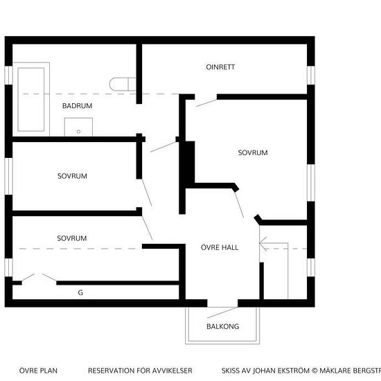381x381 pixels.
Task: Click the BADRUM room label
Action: point(78,106)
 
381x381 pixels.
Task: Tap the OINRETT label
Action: point(220,67)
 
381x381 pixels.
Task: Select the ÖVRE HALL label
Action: point(220,247)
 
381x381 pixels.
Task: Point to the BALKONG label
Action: point(223,326)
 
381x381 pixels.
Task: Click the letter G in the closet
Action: point(80,292)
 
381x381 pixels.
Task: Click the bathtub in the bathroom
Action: point(31,99)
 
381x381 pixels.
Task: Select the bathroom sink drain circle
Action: point(78,132)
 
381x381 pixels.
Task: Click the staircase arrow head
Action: point(263,243)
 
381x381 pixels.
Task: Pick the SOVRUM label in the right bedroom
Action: point(253,152)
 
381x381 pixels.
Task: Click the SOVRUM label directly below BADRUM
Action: point(73,176)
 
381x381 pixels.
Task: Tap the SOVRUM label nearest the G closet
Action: point(72,238)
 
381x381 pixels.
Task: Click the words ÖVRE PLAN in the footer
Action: point(38,371)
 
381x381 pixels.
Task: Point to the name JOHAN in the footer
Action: point(265,371)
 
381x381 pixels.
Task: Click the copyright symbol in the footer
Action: point(314,371)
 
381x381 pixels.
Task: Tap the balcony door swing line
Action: point(222,312)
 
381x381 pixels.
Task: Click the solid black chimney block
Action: point(190,162)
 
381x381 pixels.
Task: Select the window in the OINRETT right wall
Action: point(311,76)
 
